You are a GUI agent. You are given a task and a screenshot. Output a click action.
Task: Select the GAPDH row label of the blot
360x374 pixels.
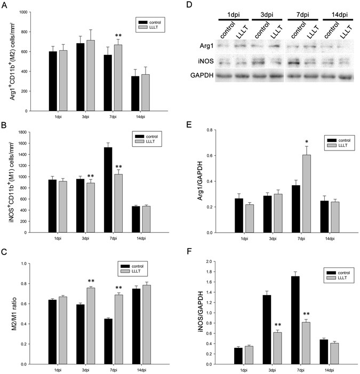click(x=204, y=76)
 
